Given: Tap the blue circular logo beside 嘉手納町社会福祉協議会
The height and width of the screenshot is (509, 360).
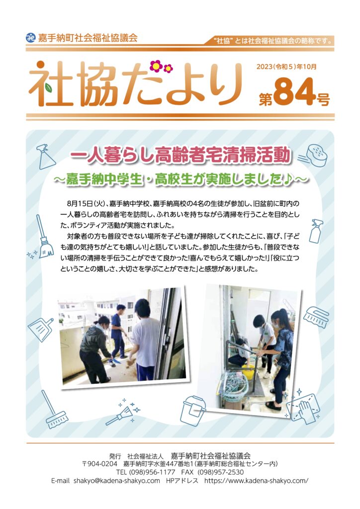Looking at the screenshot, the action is coord(30,38).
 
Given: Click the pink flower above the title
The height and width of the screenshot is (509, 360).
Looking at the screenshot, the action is coord(156,66).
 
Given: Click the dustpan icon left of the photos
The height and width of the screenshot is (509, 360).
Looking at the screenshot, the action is coord(41,329).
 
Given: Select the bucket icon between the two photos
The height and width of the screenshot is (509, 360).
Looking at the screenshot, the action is coord(193,410).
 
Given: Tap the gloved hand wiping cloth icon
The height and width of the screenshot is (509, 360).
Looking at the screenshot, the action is coord(304,407).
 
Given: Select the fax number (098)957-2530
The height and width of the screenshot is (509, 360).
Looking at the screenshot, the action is coord(220,472).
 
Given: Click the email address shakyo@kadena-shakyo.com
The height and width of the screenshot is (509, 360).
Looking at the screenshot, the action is coord(116,481).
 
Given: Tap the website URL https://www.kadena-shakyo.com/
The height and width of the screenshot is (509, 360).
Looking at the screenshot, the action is coord(256,481).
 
